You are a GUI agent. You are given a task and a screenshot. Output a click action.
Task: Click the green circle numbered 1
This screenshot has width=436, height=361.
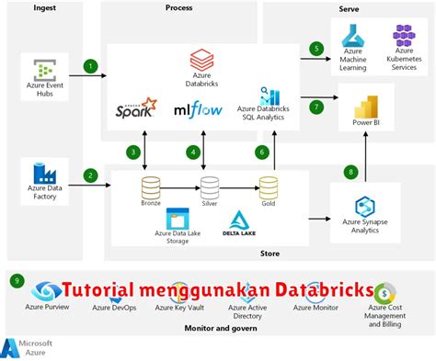click(90, 66)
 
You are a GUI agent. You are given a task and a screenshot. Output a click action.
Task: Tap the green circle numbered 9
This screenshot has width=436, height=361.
click(16, 280)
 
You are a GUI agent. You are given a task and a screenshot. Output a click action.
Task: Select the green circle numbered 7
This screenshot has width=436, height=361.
click(316, 107)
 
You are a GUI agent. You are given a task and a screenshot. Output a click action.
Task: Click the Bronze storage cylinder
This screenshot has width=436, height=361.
click(151, 187)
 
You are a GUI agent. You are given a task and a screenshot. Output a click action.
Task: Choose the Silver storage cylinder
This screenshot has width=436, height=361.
click(210, 187)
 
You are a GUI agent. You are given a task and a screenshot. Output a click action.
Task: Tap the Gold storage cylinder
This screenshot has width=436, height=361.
click(268, 187)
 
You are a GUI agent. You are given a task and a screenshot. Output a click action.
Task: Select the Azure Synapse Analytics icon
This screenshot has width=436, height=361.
click(366, 205)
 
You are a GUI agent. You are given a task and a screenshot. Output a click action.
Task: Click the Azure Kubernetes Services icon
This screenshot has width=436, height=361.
click(404, 36)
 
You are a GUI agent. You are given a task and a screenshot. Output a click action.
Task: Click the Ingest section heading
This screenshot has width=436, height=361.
click(43, 7)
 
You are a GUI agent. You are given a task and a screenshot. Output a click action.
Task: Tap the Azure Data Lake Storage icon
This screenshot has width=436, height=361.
click(178, 220)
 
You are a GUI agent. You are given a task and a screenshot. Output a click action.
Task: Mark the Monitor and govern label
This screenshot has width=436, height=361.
click(221, 328)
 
